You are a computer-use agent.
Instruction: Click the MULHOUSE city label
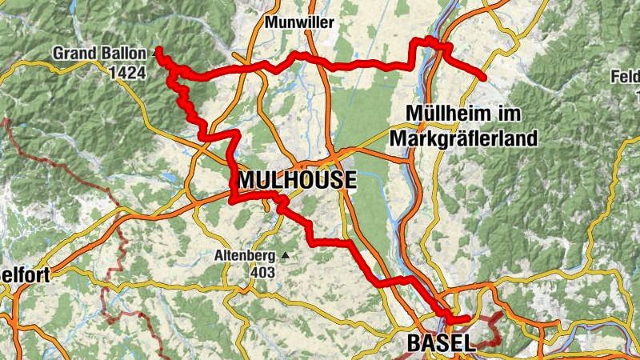coord(295,180)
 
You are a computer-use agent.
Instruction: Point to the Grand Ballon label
coord(99,54)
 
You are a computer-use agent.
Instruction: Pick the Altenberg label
coord(246,257)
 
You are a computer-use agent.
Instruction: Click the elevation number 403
coord(262,273)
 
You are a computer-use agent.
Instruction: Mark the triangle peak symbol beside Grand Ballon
coord(152,54)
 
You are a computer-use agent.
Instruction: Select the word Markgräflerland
coord(463,138)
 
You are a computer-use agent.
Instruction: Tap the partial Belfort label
coord(25,276)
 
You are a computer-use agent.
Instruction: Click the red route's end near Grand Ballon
coord(158,50)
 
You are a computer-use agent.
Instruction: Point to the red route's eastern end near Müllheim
coord(484,78)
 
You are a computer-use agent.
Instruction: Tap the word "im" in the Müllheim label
coord(510,113)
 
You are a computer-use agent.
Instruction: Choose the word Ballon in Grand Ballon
coord(122,54)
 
